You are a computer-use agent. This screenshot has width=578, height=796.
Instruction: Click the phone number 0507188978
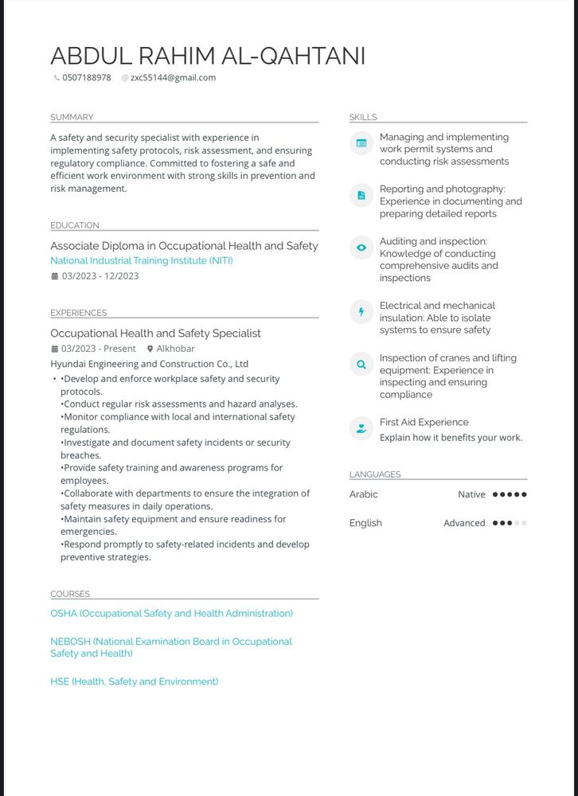[x=86, y=78]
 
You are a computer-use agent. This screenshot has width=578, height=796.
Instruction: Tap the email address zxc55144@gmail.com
[x=173, y=78]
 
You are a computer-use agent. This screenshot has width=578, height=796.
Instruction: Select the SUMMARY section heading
[x=72, y=117]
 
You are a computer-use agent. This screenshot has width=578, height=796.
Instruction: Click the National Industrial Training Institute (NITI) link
[x=142, y=260]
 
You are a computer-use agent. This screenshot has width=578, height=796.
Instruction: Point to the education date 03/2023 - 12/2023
[x=100, y=276]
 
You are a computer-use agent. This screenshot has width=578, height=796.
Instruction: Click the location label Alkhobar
[x=175, y=349]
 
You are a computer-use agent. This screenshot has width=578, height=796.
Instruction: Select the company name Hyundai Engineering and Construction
[x=149, y=364]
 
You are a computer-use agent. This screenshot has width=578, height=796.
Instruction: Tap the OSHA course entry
[x=171, y=614]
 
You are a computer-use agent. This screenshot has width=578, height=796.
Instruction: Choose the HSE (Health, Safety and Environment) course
[x=134, y=681]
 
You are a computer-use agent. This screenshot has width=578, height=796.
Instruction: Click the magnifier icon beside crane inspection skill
[x=361, y=365]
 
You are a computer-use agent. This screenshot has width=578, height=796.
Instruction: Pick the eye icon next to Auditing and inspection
[x=361, y=248]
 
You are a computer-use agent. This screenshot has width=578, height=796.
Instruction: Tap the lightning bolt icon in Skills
[x=361, y=312]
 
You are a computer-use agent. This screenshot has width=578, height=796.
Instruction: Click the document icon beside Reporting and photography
[x=361, y=195]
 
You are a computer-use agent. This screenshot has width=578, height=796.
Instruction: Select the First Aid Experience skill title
[x=424, y=422]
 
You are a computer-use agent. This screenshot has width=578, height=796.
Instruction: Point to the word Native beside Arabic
[x=471, y=494]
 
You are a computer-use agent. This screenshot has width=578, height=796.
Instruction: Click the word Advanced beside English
[x=464, y=523]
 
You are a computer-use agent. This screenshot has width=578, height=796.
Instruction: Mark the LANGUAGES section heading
[x=375, y=474]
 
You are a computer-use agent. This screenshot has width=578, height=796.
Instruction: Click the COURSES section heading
[x=70, y=594]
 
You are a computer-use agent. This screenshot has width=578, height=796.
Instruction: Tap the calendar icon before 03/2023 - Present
[x=54, y=349]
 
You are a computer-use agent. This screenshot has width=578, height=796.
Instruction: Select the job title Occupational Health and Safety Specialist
[x=155, y=334]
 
